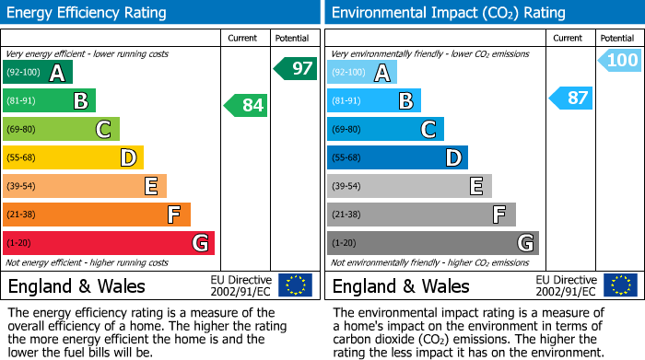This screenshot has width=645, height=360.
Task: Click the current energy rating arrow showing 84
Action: pyautogui.click(x=246, y=105)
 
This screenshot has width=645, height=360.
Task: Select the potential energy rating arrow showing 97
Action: pyautogui.click(x=295, y=68)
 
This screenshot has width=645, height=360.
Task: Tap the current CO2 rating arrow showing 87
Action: pyautogui.click(x=571, y=98)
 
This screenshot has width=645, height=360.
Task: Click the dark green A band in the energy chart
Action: pyautogui.click(x=38, y=73)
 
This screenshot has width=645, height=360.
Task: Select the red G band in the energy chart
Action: pyautogui.click(x=109, y=243)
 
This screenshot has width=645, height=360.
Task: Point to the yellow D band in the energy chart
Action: pyautogui.click(x=73, y=158)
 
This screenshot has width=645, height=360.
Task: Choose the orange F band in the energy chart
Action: pyautogui.click(x=97, y=215)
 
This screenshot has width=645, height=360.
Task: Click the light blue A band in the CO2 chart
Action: pyautogui.click(x=362, y=73)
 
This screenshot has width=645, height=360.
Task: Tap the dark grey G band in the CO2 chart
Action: pyautogui.click(x=433, y=243)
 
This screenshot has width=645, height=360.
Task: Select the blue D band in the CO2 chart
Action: pyautogui.click(x=397, y=158)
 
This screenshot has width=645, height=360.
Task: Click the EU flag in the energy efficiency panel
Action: pyautogui.click(x=295, y=285)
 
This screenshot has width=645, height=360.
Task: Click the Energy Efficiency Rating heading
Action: pyautogui.click(x=88, y=13)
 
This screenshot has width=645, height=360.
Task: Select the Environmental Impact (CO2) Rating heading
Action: pyautogui.click(x=448, y=13)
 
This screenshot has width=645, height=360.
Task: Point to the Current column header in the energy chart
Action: pyautogui.click(x=244, y=38)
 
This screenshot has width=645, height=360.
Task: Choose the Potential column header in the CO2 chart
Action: pyautogui.click(x=617, y=38)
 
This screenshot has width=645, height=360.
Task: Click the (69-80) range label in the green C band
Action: pyautogui.click(x=22, y=130)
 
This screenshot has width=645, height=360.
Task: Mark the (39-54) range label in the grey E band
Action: pyautogui.click(x=346, y=187)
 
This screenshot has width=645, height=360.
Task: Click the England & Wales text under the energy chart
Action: pyautogui.click(x=70, y=286)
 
